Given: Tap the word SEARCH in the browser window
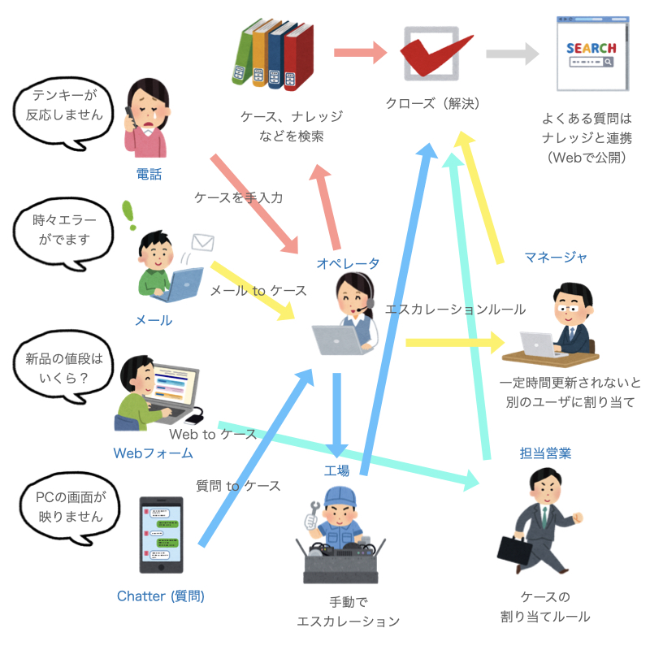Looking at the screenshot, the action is pos(591,48).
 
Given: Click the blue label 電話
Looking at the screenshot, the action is pos(149,174).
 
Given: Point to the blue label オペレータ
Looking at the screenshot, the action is pos(348,263).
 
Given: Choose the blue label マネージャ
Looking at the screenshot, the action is pos(556,258).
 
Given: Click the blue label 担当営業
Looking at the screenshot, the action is pos(545,453).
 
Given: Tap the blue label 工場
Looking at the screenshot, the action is pos(336,470).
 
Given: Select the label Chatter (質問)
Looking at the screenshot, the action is pos(161,596).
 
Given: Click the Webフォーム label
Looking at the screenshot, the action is pos(154,453).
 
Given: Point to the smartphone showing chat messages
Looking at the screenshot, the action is pos(161,535).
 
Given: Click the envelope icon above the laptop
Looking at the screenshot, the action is pos(203,242).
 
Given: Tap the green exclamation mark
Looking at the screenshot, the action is pos(129,214).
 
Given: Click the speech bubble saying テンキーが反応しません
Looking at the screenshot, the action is pos(63,112).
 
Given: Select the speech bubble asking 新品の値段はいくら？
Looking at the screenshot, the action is pos(63,367).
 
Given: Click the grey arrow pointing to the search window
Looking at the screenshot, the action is pos(513,54).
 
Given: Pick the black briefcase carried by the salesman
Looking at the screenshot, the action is pos(514,551).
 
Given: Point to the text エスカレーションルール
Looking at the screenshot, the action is pos(456,310).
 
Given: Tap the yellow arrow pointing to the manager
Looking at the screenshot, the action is pos(455,342).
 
